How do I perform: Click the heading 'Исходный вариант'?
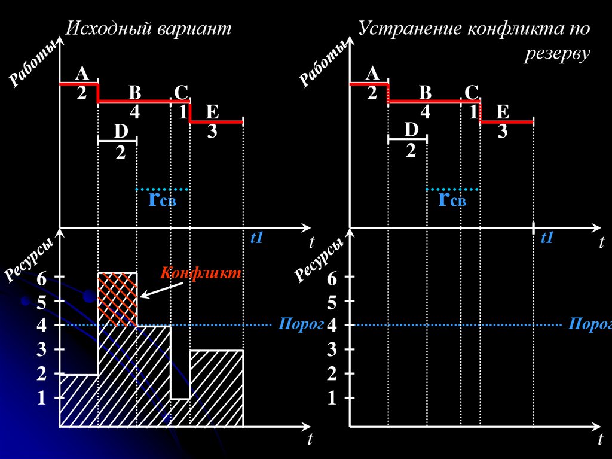click(148, 29)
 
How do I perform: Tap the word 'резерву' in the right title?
click(558, 54)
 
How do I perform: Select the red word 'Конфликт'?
click(200, 273)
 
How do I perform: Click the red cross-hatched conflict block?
click(117, 299)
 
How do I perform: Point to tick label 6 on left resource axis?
click(41, 278)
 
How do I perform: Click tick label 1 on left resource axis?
click(41, 398)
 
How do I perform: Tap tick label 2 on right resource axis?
click(332, 375)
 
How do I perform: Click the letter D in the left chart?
click(121, 130)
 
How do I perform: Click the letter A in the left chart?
click(82, 74)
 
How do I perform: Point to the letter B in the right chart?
click(425, 93)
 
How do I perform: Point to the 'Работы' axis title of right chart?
click(323, 65)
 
